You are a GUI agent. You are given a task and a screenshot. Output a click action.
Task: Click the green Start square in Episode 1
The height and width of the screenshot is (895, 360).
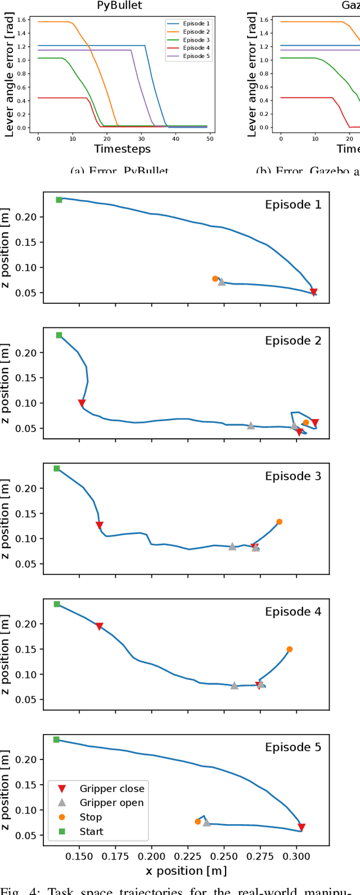coord(59,200)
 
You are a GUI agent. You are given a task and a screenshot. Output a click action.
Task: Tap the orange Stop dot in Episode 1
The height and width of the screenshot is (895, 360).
coord(215,278)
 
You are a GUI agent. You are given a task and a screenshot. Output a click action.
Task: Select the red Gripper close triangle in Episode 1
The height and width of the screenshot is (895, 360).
coord(314,293)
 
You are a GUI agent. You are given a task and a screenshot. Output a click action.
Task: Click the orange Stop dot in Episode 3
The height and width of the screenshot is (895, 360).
coord(279,522)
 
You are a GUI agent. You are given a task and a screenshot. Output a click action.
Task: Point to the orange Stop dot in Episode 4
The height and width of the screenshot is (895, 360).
coord(290,649)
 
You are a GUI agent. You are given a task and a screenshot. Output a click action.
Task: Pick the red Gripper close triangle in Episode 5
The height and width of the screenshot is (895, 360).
coord(301,827)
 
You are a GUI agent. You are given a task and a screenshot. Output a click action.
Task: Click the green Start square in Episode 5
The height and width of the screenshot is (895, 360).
coord(56,740)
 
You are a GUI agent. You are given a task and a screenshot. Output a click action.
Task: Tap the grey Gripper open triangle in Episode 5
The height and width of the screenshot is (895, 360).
coord(206,822)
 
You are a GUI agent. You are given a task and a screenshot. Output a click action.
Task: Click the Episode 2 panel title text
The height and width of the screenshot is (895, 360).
coord(293,341)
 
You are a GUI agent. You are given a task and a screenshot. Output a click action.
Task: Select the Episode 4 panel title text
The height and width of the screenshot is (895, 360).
coord(293,612)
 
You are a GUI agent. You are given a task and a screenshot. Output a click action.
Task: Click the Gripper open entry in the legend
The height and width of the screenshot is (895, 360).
coord(111,803)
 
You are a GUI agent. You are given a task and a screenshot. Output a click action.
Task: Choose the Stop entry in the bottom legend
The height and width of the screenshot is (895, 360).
coord(91,817)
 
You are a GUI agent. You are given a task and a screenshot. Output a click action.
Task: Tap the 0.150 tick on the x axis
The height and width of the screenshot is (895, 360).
coord(79,856)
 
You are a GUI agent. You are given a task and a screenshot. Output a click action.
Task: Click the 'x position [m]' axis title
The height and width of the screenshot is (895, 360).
coord(186,871)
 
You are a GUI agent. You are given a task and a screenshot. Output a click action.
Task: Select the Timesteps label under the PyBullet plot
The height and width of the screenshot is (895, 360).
coord(123,149)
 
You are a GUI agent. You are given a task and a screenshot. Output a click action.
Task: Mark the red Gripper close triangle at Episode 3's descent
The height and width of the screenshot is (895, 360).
coord(100,526)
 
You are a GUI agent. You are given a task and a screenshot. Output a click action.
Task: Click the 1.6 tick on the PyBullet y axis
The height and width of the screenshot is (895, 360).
coord(21,20)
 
